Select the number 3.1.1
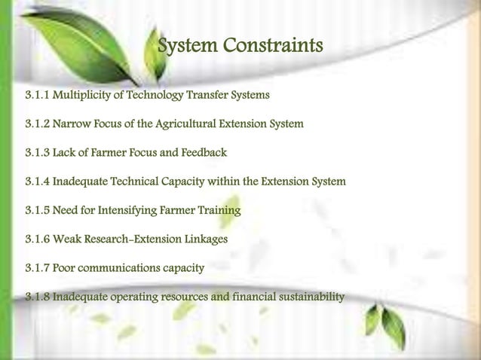[x=38, y=96]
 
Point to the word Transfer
[x=211, y=96]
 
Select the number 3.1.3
[x=38, y=153]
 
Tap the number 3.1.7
[x=38, y=267]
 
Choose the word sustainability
[x=311, y=296]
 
